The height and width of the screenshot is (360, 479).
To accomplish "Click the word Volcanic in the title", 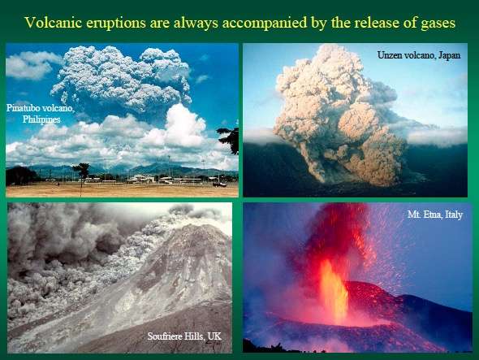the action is click(53, 22).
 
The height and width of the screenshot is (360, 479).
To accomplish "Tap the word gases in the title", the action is click(438, 23).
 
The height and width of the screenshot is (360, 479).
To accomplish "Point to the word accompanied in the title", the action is click(265, 24).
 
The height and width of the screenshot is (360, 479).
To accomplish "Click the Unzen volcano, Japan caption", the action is click(419, 55).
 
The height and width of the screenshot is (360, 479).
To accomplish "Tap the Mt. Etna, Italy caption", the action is click(435, 215).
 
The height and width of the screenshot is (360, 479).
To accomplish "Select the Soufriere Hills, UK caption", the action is click(184, 336).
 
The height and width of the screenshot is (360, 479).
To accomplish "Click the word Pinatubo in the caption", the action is click(24, 108).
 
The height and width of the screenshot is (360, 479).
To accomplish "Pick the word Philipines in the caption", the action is click(41, 119).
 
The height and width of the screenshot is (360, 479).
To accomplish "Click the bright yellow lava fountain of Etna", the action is click(334, 291).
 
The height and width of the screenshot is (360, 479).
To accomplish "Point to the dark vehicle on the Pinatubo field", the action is click(219, 184).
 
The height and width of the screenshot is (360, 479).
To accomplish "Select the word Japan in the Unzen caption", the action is click(449, 55).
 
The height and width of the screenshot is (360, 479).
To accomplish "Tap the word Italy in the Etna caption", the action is click(454, 215).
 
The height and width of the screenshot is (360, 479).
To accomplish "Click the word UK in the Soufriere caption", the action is click(214, 336).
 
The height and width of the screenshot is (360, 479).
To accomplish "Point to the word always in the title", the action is click(196, 24).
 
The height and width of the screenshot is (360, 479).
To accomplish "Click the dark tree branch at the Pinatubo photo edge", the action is click(229, 139).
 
